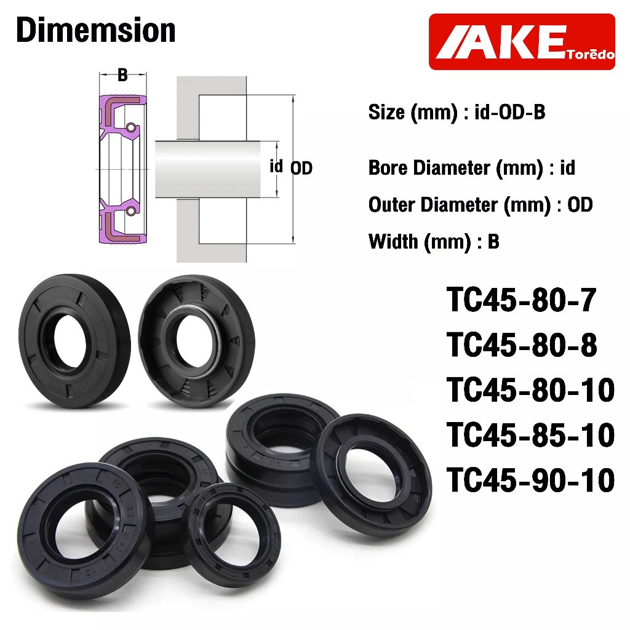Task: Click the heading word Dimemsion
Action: pyautogui.click(x=95, y=30)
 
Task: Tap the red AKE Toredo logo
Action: pyautogui.click(x=522, y=42)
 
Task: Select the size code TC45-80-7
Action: pyautogui.click(x=521, y=300)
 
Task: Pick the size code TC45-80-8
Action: pyautogui.click(x=522, y=345)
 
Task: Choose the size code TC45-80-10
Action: pyautogui.click(x=530, y=389)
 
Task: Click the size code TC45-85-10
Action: pyautogui.click(x=530, y=435)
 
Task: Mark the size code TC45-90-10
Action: pyautogui.click(x=530, y=480)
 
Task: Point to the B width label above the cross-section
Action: pyautogui.click(x=122, y=75)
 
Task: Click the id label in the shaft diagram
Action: pyautogui.click(x=276, y=165)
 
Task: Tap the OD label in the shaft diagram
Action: pyautogui.click(x=301, y=169)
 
